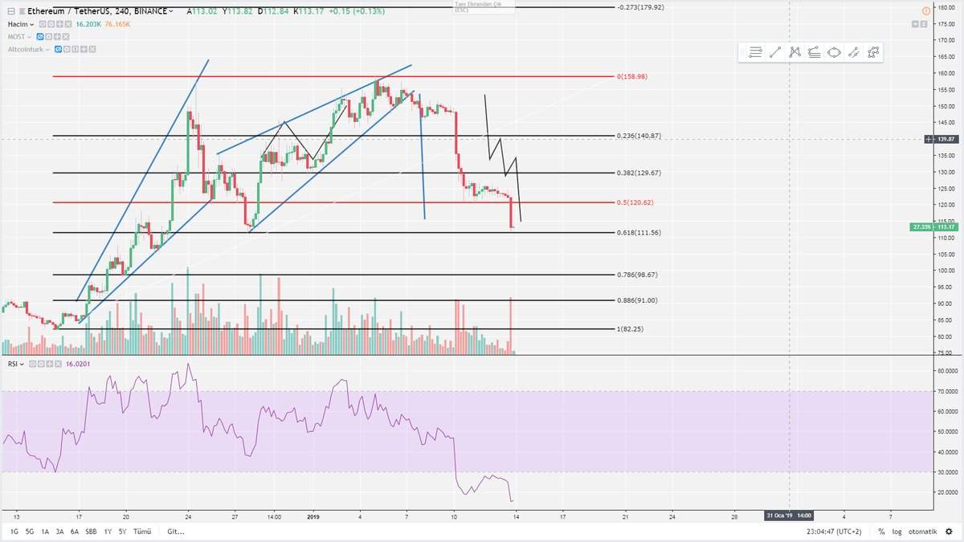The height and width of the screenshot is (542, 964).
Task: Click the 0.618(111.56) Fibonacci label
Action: (x=639, y=233)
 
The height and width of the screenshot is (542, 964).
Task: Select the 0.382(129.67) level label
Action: (x=639, y=173)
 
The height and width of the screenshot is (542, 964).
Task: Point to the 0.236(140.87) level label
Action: (x=639, y=136)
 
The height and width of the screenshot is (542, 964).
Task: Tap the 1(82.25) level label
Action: (x=631, y=329)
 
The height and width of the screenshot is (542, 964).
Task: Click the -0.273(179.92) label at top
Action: (x=641, y=7)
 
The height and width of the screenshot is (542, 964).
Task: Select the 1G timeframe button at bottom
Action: (x=14, y=532)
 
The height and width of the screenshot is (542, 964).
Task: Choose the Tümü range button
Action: (x=142, y=532)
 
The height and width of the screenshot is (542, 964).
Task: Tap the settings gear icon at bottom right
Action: (x=949, y=532)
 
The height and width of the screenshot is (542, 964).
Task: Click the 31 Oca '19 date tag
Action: (x=789, y=515)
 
